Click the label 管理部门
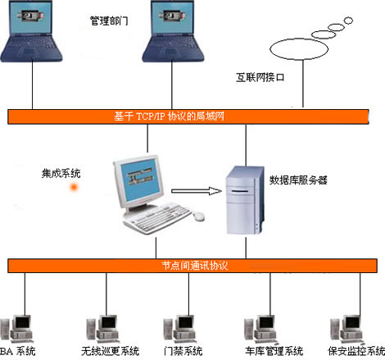tap(109, 21)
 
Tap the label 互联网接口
tap(260, 77)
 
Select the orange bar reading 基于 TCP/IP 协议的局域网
tap(188, 116)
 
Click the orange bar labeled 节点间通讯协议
tap(192, 266)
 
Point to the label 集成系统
tap(61, 173)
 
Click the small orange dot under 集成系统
tap(74, 187)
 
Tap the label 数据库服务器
tap(298, 180)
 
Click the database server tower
tap(245, 200)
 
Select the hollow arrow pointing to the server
tap(197, 191)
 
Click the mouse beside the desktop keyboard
tap(198, 216)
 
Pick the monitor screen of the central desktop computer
tap(140, 179)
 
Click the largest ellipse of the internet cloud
tap(299, 49)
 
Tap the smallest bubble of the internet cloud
tap(348, 21)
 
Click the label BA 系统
tap(18, 351)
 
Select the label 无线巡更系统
tap(110, 351)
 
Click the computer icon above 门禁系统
tap(179, 329)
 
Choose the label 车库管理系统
tap(274, 351)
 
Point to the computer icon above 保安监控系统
tap(346, 330)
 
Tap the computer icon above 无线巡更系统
tap(103, 329)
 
